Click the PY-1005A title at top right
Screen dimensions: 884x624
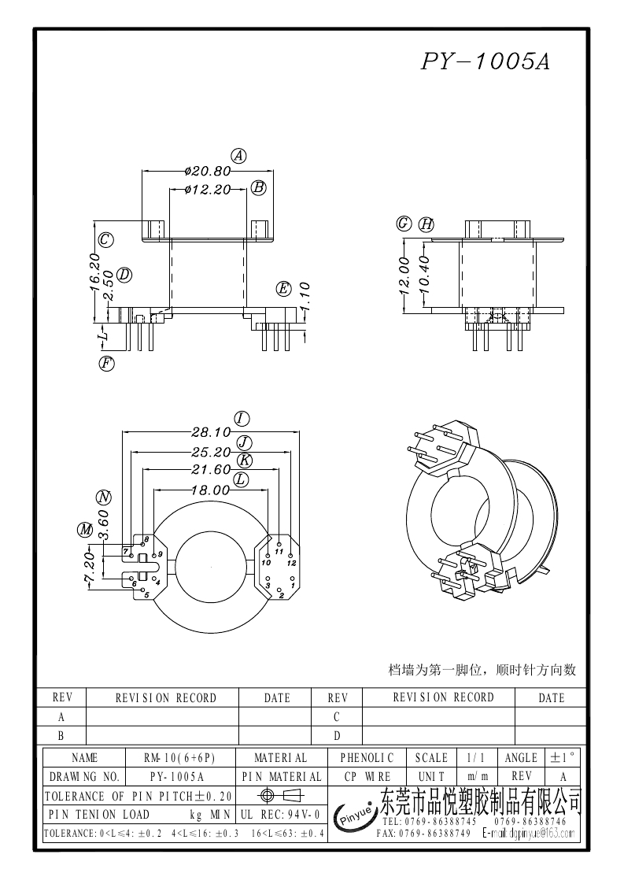(485, 63)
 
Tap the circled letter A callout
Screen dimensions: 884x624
(238, 155)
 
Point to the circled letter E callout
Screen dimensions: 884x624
(283, 289)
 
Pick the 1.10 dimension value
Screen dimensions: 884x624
(305, 298)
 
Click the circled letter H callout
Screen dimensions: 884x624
(426, 224)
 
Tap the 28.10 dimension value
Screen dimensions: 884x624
(210, 431)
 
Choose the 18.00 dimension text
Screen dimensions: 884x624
(210, 490)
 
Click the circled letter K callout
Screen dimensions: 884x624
(245, 460)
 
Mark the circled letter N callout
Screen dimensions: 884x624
(103, 497)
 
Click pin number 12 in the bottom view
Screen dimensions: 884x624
(291, 564)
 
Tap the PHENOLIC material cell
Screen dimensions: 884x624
(367, 758)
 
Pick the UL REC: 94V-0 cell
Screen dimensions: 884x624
(279, 815)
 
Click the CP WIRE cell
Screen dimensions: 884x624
(367, 776)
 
